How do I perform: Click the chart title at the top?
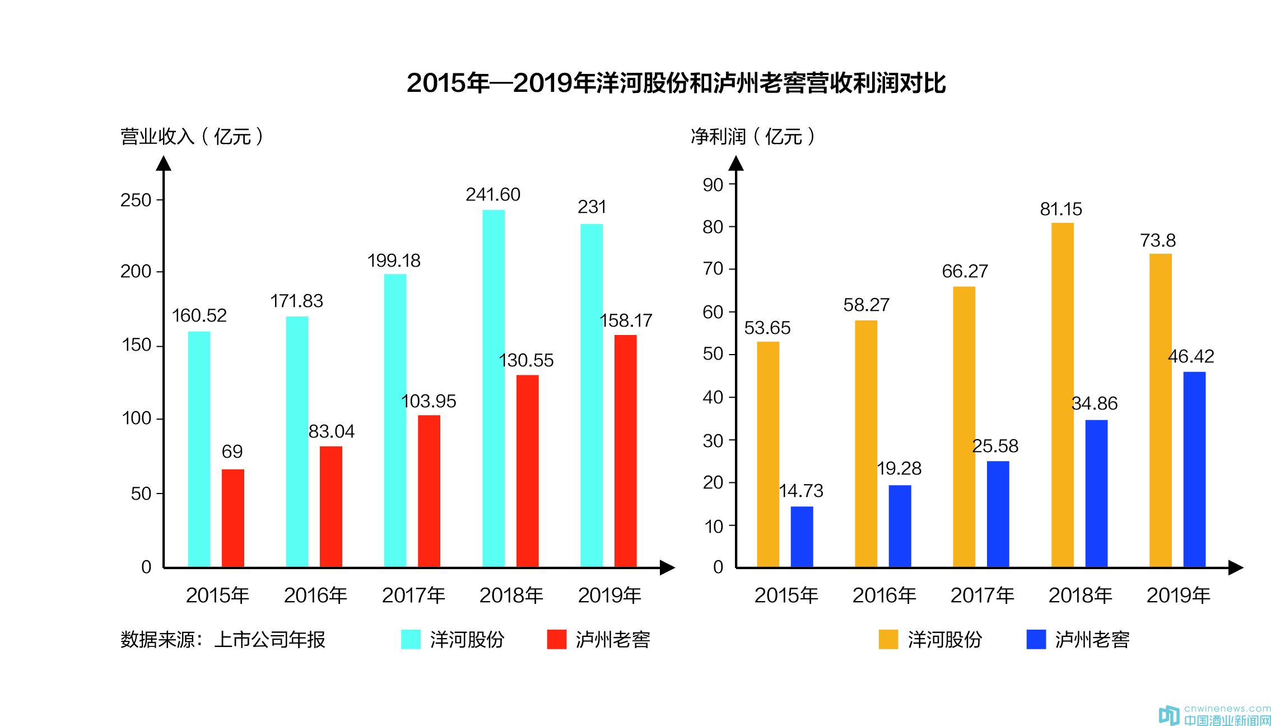pos(676,83)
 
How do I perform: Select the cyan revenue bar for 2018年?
pos(493,388)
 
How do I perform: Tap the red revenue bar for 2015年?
pos(232,518)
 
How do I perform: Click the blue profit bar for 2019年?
pos(1194,469)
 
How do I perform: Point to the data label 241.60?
pos(493,194)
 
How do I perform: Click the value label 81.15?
pos(1061,209)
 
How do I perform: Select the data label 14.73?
pos(801,491)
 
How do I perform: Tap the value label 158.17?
pos(626,320)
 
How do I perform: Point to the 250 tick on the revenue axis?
pos(136,200)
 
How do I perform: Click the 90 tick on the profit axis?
pos(713,184)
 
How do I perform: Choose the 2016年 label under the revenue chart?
pos(315,595)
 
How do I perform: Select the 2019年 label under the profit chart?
pos(1178,595)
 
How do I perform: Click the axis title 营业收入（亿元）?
pos(192,136)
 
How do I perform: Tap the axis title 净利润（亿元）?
pos(753,136)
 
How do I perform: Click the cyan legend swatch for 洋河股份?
pos(411,639)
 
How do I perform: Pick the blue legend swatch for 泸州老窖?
pos(1036,639)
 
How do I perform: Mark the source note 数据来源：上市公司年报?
pos(222,639)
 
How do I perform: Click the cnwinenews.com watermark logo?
pos(1214,715)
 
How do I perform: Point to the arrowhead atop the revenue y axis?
pos(164,163)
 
